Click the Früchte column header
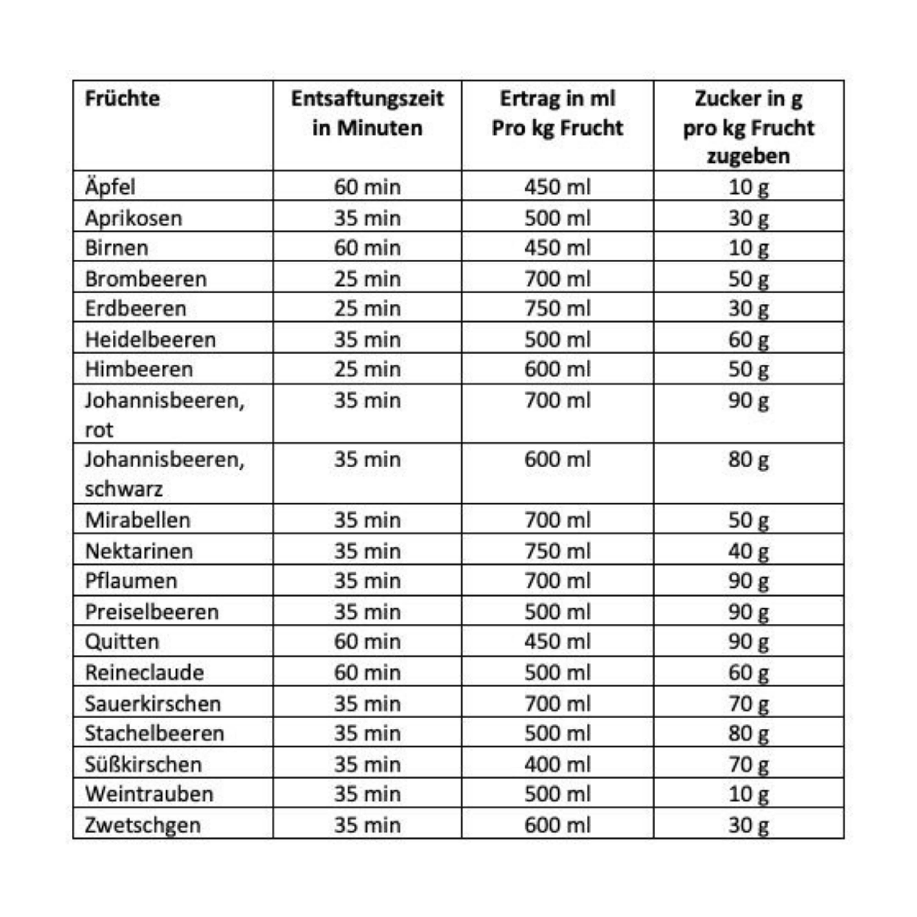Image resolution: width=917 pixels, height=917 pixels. point(122,99)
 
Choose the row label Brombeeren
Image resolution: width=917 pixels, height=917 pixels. point(146,279)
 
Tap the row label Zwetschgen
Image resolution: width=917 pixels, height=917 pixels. point(142,825)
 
